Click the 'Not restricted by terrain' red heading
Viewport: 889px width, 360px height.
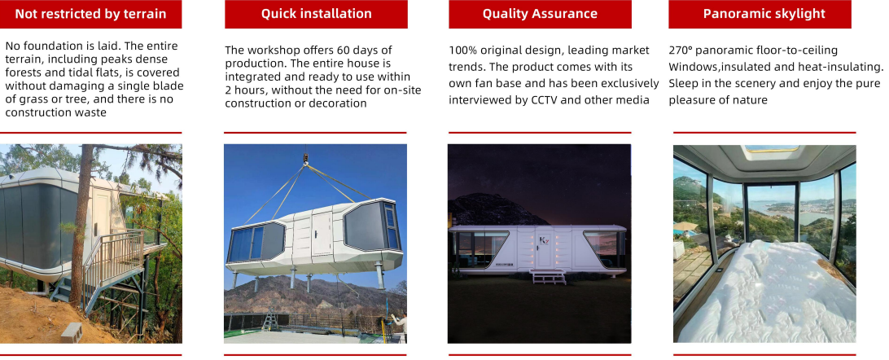pos(90,14)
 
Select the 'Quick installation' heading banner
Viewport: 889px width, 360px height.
pos(316,14)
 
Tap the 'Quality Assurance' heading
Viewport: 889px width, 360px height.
pos(540,14)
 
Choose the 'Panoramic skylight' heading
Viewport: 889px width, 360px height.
pos(760,14)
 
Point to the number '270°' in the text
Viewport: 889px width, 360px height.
pos(682,50)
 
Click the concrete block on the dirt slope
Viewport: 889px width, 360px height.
pos(72,332)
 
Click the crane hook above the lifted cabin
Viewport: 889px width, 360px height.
pos(305,156)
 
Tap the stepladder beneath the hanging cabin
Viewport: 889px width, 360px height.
pos(269,319)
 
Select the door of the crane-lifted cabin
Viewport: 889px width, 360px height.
pos(322,233)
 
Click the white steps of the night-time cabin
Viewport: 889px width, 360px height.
pos(548,277)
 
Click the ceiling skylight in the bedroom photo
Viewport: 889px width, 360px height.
pos(771,149)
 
